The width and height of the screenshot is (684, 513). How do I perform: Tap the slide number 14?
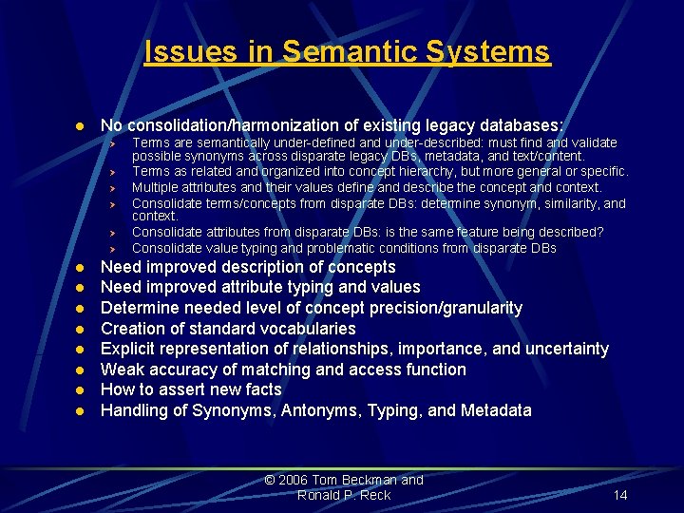pyautogui.click(x=620, y=495)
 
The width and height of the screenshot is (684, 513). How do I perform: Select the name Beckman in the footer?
pyautogui.click(x=371, y=480)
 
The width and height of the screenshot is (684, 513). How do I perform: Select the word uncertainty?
pyautogui.click(x=562, y=349)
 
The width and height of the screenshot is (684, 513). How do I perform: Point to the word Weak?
pyautogui.click(x=122, y=370)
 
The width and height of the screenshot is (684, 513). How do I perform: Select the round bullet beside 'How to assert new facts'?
pyautogui.click(x=82, y=390)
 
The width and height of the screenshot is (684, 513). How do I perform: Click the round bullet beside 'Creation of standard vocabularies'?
pyautogui.click(x=82, y=330)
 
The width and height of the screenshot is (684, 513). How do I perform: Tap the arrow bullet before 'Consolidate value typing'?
pyautogui.click(x=111, y=249)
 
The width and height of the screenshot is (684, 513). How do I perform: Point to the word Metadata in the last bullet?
pyautogui.click(x=496, y=410)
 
